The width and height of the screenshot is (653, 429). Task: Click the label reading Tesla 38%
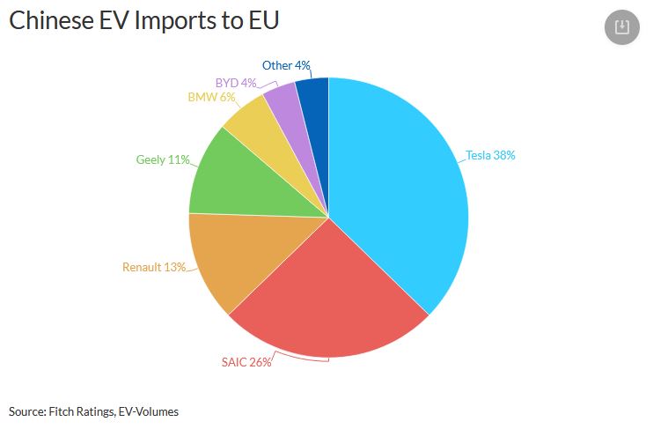point(491,155)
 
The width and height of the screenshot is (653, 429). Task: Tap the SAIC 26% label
point(246,361)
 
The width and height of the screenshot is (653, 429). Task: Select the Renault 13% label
point(154,267)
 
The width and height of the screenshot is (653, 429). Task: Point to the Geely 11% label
point(163,159)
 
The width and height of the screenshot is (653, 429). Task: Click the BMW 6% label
point(211,97)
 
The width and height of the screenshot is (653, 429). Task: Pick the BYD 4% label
point(236,83)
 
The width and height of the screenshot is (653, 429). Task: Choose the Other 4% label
point(286,65)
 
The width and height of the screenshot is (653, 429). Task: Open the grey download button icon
point(622,27)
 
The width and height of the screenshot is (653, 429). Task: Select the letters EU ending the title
point(261,21)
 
